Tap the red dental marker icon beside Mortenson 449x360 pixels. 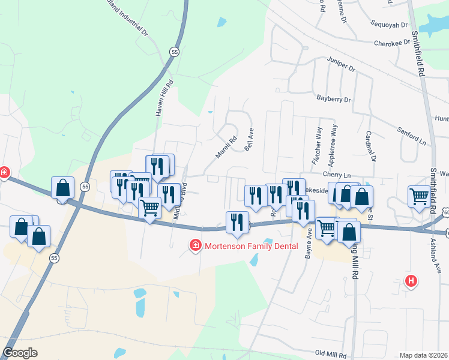tap(195, 245)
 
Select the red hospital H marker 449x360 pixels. tap(411, 280)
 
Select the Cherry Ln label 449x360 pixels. tap(336, 173)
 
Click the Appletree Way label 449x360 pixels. tap(331, 146)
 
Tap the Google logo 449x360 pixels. tap(20, 353)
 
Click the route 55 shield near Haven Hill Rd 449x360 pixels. tap(173, 52)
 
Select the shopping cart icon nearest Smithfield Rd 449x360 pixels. tap(419, 196)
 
